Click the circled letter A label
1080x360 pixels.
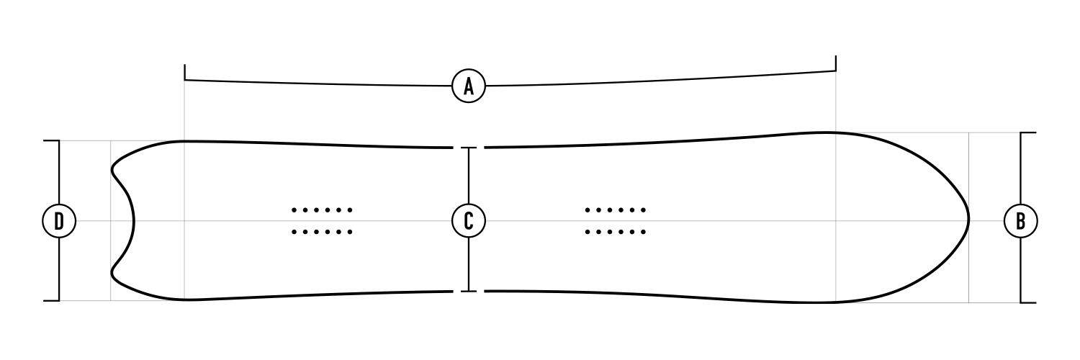coord(469,86)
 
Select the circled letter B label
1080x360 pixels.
coord(1021,221)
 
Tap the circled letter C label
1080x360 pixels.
coord(469,221)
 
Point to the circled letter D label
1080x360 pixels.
coord(59,221)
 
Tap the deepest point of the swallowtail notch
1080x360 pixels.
coord(133,222)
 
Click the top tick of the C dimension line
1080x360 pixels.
coord(469,148)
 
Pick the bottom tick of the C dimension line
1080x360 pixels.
coord(469,291)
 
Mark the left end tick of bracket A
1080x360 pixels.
coord(184,72)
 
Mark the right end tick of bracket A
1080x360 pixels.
coord(835,63)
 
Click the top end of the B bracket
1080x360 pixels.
coord(1028,132)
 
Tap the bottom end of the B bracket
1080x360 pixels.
coord(1028,302)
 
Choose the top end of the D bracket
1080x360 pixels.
coord(52,140)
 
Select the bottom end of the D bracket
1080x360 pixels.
coord(52,301)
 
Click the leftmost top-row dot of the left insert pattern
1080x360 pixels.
coord(294,210)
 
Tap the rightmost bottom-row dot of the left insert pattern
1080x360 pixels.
coord(351,233)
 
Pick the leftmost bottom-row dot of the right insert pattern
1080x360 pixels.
coord(588,233)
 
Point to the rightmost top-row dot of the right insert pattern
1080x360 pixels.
coord(644,210)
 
